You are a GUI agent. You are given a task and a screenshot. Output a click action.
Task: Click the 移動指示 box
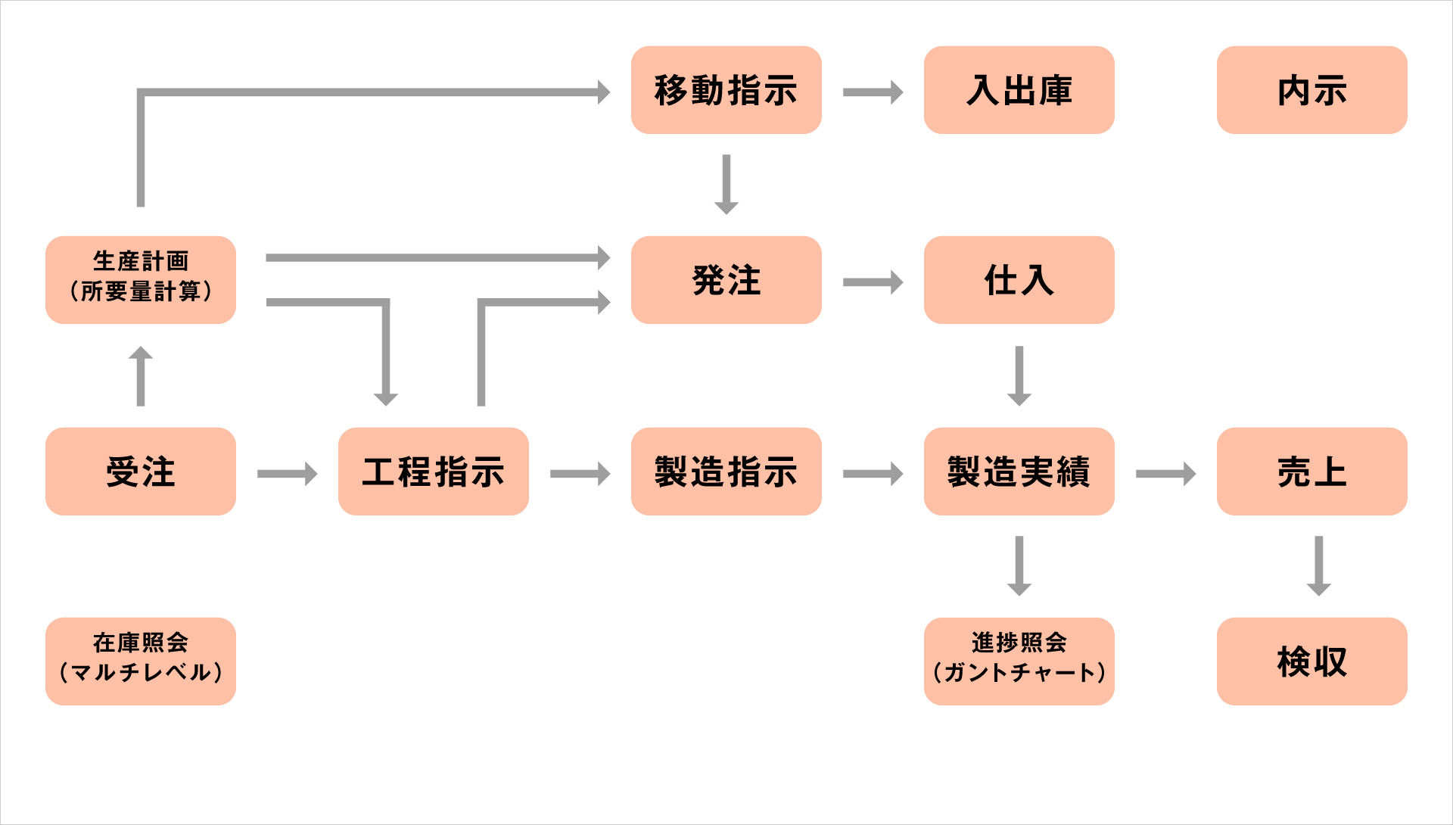726,90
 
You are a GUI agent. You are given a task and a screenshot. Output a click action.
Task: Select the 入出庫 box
1019,90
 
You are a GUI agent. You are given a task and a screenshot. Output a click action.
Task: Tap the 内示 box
1312,90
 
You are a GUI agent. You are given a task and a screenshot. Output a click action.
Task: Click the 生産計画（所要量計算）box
141,280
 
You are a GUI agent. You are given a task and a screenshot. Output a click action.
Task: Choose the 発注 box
726,280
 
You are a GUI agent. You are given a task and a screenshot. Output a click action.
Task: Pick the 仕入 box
1019,280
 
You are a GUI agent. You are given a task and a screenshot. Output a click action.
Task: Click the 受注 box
141,472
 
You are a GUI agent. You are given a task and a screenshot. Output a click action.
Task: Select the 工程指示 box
434,472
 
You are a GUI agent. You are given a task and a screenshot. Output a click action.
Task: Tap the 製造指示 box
726,472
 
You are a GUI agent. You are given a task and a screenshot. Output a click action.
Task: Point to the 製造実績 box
1019,472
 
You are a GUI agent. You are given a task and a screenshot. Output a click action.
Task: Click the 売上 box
1312,472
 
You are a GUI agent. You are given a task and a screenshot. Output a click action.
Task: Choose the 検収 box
1312,662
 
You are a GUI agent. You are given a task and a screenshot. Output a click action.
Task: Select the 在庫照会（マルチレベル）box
141,662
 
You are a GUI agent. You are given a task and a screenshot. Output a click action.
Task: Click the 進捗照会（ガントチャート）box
1019,662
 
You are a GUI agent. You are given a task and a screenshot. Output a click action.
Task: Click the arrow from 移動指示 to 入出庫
873,92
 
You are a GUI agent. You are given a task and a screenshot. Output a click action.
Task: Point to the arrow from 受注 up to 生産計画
141,376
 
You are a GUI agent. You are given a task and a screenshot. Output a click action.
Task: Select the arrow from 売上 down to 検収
1319,566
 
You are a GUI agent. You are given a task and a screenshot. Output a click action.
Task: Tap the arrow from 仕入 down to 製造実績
1019,376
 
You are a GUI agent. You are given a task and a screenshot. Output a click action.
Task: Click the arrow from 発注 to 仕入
873,282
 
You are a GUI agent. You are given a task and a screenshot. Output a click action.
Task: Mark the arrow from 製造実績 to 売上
1166,474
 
